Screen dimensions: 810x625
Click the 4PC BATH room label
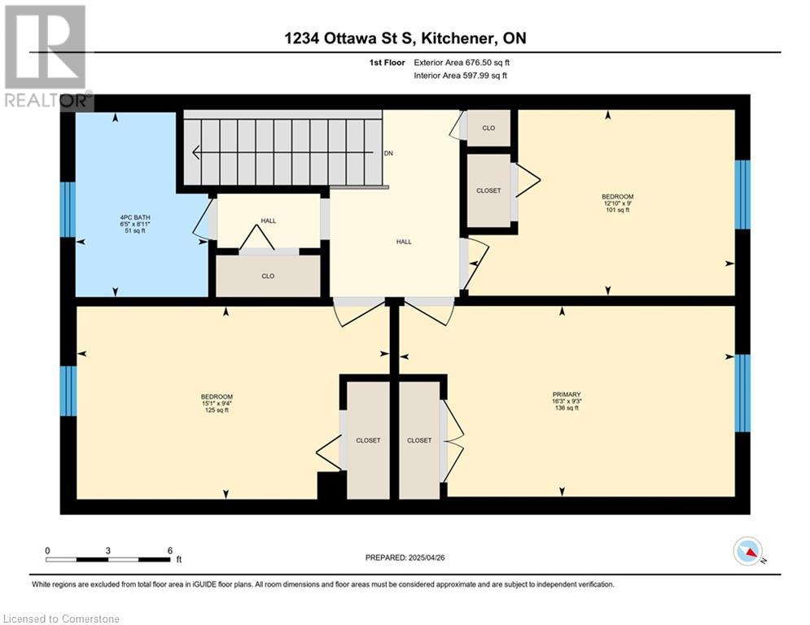135,217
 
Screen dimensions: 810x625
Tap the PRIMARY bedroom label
567,394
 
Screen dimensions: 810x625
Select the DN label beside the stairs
388,154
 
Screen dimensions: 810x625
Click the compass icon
748,551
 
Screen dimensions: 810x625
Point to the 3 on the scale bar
108,551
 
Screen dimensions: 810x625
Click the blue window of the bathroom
68,209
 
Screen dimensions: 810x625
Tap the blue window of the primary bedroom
742,393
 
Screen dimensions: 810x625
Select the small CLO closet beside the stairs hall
488,128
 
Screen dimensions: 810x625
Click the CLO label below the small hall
268,277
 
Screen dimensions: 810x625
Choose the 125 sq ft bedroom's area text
217,410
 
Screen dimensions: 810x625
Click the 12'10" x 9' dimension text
617,203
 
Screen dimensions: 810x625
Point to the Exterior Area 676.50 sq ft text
462,63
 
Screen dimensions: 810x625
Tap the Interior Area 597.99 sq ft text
460,76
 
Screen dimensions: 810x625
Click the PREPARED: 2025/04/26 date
405,557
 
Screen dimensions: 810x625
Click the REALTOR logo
46,57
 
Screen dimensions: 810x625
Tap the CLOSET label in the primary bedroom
419,440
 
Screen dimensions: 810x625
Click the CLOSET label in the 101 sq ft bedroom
488,190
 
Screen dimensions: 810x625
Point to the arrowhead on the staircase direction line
196,152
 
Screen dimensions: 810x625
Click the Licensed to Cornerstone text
62,618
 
